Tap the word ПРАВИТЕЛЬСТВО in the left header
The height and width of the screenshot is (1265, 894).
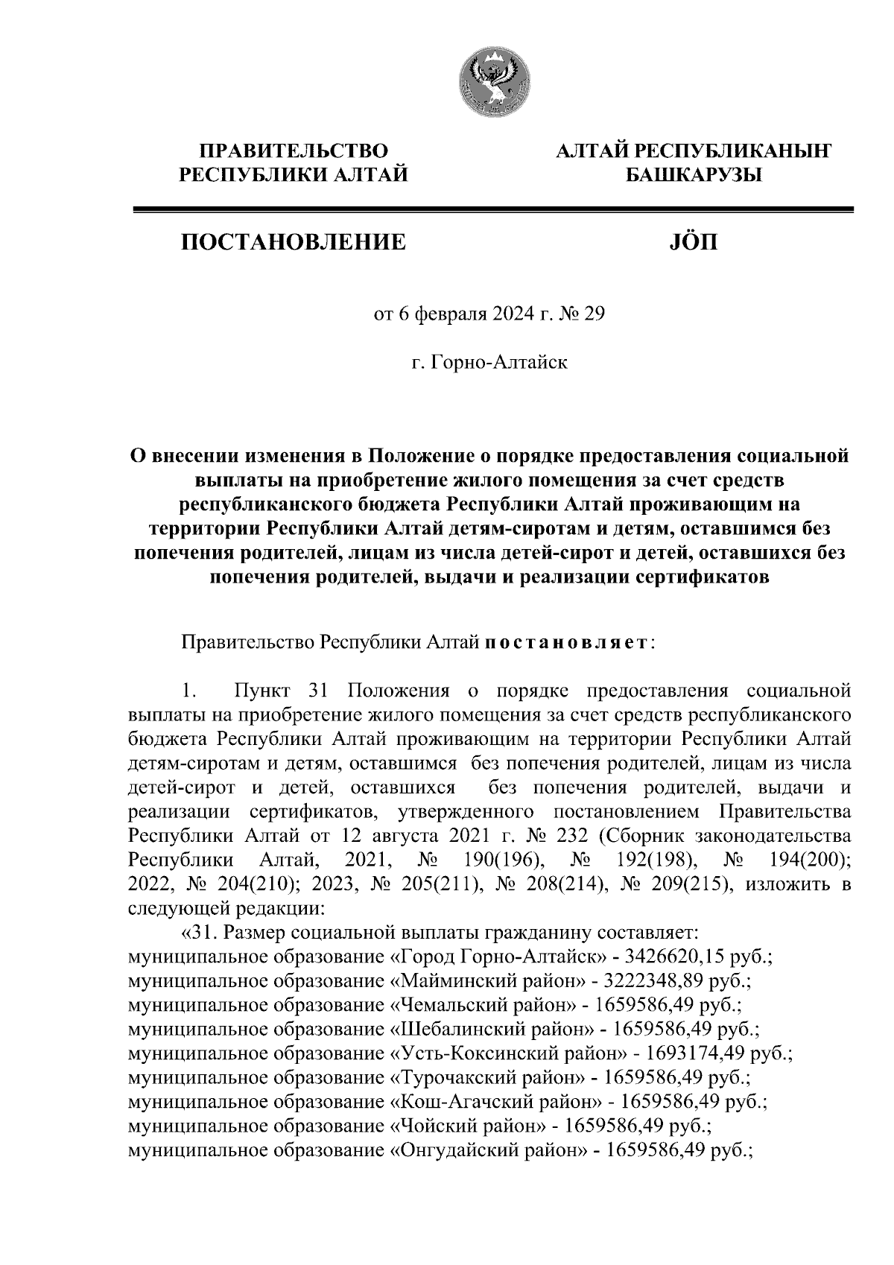click(x=294, y=151)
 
